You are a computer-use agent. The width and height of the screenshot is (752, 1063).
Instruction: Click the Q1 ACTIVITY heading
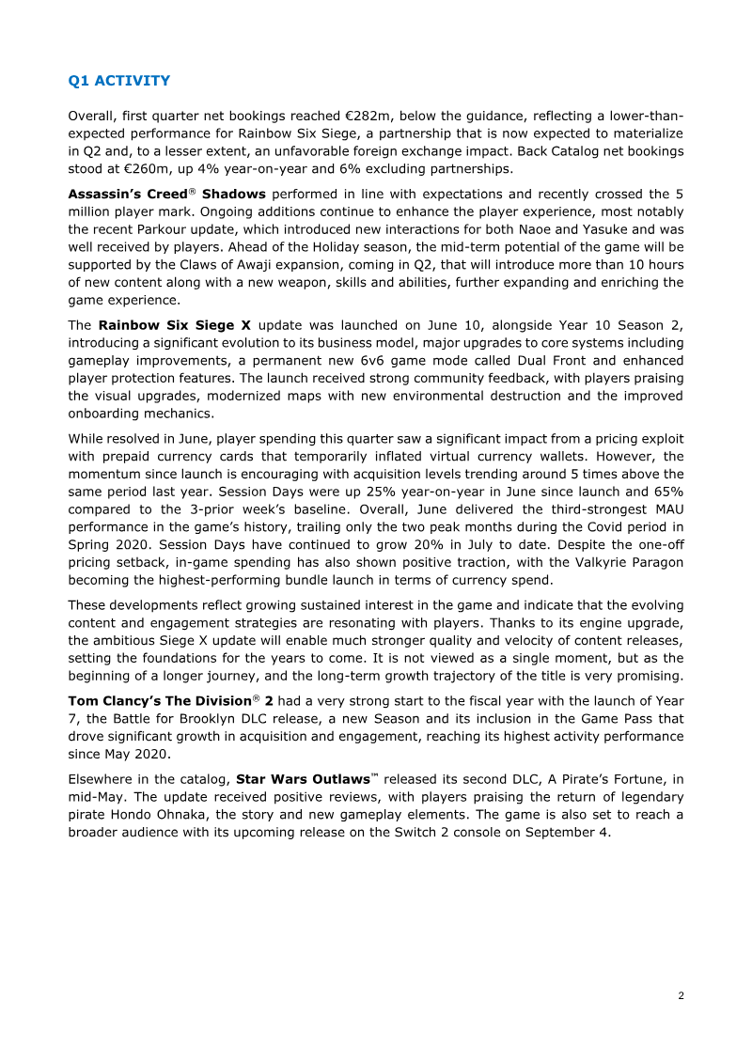pos(119,81)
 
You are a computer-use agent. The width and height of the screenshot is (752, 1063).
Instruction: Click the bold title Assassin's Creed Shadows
pos(166,195)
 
